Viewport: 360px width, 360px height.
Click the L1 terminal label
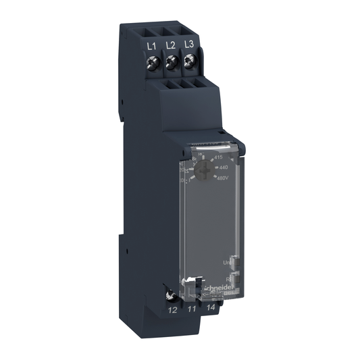152,45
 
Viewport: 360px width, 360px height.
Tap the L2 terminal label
171,45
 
